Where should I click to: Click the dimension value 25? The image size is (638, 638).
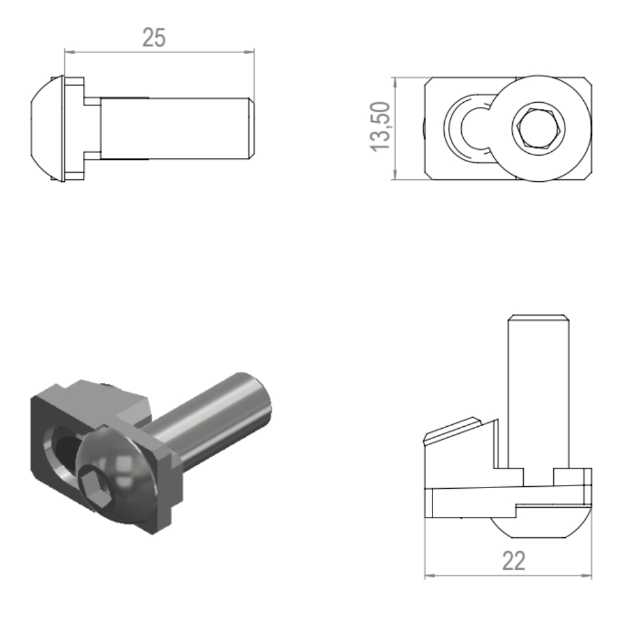[154, 38]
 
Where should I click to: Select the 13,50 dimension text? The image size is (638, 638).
[380, 127]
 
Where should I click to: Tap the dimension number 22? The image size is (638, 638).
[514, 561]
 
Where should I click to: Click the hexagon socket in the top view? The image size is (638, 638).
[538, 128]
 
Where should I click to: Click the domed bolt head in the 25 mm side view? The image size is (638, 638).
[48, 128]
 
